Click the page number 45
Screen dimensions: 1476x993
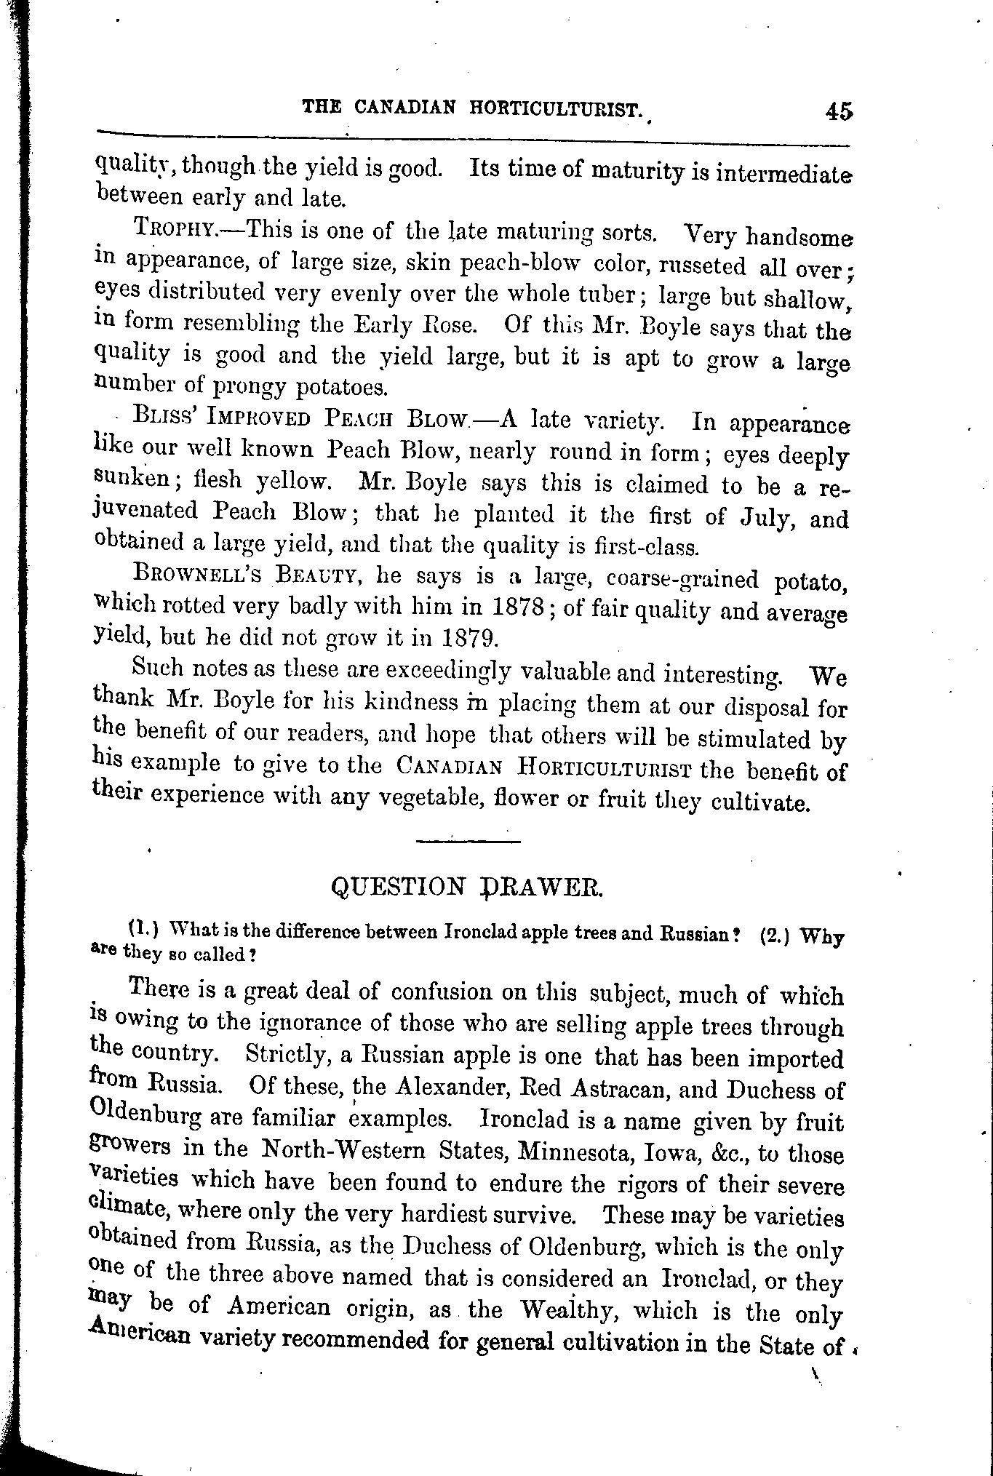point(838,111)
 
